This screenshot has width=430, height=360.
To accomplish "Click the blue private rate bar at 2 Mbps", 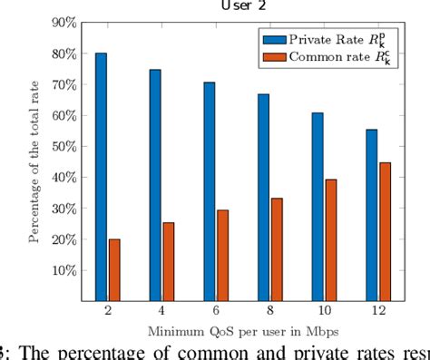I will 101,177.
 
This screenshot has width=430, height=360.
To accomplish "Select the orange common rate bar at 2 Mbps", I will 114,269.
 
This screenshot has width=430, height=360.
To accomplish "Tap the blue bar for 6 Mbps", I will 209,191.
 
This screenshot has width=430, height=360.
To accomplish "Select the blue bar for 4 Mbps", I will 155,185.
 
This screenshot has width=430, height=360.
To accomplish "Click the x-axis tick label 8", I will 269,311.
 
